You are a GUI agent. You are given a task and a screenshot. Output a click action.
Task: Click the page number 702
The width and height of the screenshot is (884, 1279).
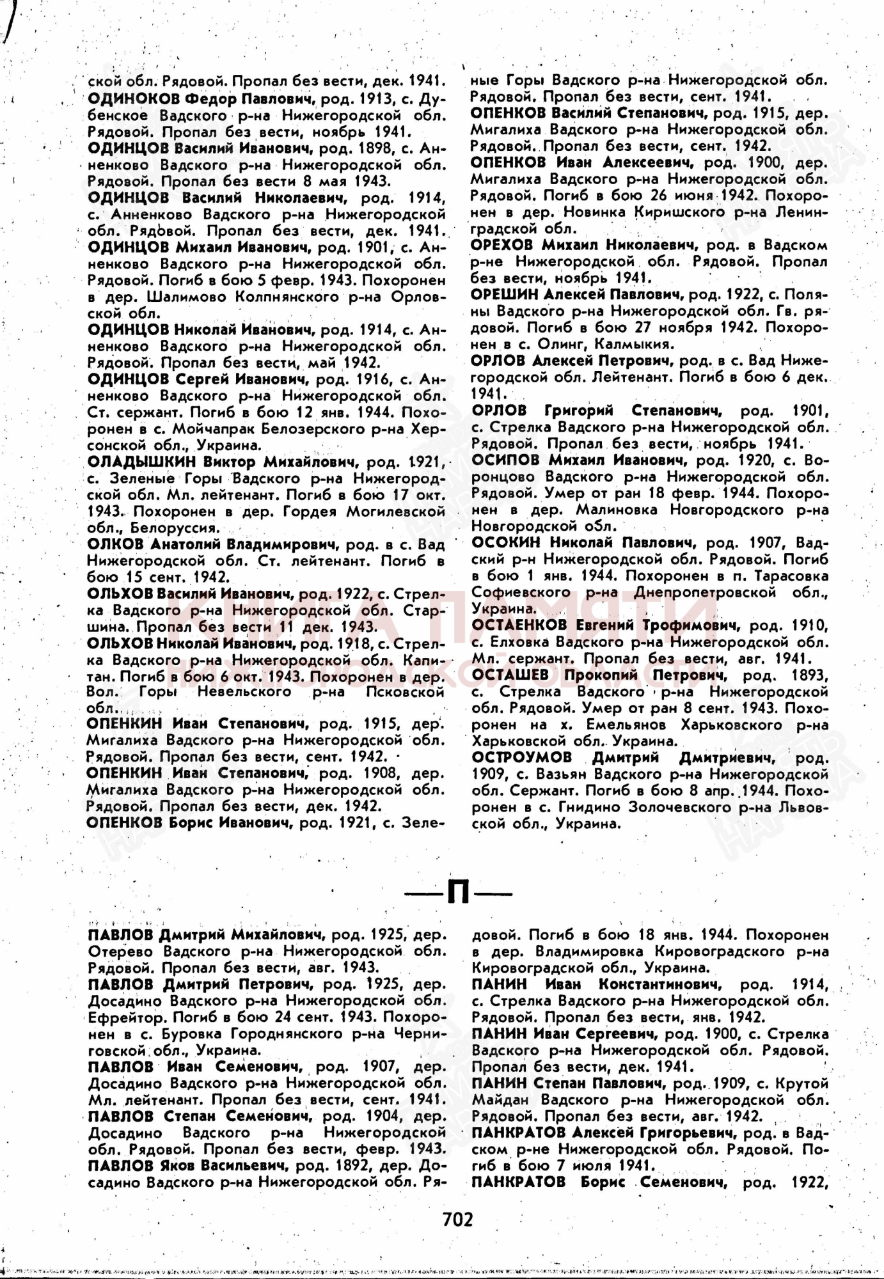457,1219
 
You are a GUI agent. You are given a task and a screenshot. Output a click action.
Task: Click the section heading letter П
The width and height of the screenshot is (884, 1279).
458,893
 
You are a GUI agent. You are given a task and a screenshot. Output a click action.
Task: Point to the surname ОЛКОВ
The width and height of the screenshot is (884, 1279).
115,544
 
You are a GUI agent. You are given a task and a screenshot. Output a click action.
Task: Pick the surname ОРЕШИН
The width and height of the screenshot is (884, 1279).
503,294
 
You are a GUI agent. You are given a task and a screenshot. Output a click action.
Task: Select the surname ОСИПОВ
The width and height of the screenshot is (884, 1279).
503,460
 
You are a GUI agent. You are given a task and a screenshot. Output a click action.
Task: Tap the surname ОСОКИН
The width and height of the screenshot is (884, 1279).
503,542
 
